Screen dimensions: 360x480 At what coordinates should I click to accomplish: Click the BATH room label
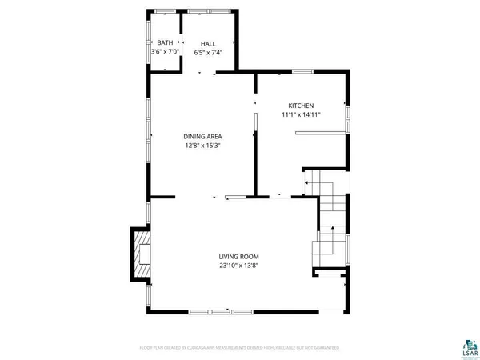point(165,43)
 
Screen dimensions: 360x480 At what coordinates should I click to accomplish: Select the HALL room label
point(208,43)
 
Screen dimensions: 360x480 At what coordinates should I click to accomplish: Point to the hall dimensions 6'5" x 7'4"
point(208,53)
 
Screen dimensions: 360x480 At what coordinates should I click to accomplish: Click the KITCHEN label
point(301,106)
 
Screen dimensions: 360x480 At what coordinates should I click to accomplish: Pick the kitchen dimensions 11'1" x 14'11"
point(301,115)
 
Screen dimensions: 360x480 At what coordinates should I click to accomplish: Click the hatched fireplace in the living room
point(141,254)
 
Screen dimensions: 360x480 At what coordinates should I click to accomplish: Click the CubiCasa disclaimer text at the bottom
point(240,348)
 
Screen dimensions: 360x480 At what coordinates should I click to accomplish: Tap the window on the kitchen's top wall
point(302,72)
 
